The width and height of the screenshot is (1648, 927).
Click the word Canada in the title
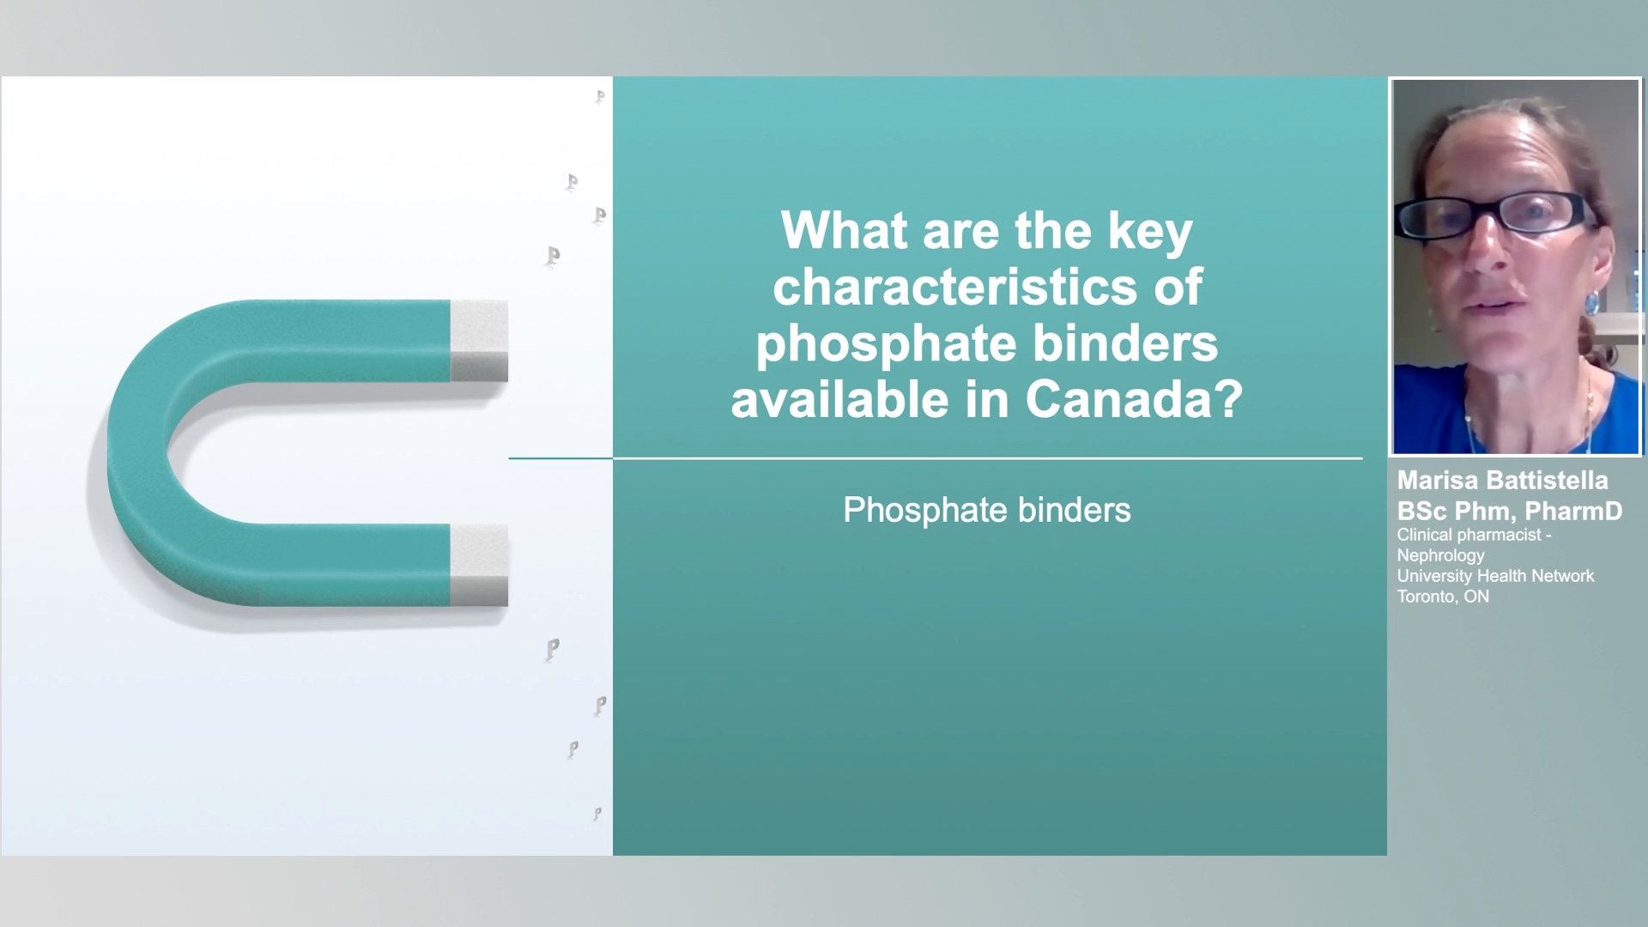tap(1134, 398)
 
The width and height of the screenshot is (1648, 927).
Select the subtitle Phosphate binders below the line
tap(987, 510)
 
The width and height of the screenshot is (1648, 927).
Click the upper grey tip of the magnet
tap(479, 341)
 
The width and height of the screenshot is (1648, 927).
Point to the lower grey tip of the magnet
tap(479, 565)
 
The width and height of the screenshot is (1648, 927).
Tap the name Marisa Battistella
tap(1502, 480)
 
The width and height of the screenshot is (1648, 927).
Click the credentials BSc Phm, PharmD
tap(1510, 511)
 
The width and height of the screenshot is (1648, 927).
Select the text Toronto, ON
tap(1443, 597)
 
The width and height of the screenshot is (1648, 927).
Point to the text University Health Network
tap(1495, 576)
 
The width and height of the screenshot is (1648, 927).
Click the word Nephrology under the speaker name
tap(1440, 555)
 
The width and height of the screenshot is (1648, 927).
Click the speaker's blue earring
tap(1590, 301)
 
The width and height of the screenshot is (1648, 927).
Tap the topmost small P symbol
tap(600, 96)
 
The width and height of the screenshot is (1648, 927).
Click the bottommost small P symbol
tap(597, 813)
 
